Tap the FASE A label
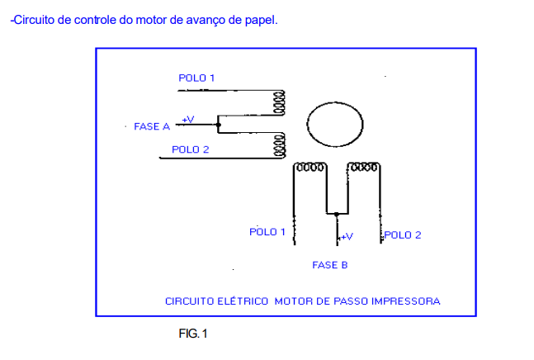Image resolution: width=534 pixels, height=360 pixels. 151,127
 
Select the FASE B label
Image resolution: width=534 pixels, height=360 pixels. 329,265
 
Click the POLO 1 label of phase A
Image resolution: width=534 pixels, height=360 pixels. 196,78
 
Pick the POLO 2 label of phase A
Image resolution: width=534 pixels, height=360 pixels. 190,149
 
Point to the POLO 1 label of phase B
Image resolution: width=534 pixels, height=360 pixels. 267,232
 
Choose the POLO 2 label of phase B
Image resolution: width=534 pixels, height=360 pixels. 403,234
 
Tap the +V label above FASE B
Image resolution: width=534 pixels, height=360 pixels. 346,236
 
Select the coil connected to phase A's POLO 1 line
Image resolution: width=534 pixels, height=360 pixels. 280,102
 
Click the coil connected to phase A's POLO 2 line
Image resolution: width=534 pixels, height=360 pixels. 280,144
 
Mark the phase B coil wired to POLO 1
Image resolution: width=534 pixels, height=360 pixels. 310,167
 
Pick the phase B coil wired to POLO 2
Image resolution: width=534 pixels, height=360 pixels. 363,167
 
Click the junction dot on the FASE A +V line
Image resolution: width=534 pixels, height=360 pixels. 218,126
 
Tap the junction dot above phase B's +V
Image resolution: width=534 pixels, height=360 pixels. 337,214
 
